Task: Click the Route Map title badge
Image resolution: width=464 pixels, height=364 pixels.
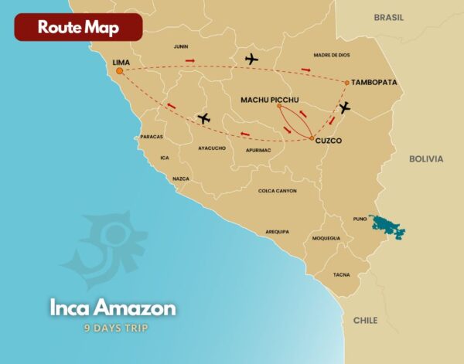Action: (x=78, y=27)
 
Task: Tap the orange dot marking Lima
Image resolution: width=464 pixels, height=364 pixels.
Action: (x=120, y=71)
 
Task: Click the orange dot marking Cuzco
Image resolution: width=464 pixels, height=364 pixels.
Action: (x=312, y=139)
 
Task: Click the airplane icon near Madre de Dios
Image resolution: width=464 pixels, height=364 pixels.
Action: (x=251, y=59)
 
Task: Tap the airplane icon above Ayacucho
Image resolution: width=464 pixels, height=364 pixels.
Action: (x=204, y=118)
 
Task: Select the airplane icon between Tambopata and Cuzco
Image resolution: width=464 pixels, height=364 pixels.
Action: (x=344, y=108)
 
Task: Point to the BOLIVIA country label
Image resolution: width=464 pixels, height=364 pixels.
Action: (x=426, y=158)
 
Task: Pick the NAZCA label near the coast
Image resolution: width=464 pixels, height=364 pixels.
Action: (x=181, y=179)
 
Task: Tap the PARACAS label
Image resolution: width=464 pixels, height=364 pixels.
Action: (x=152, y=137)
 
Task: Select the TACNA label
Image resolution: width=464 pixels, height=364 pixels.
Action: (x=341, y=274)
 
